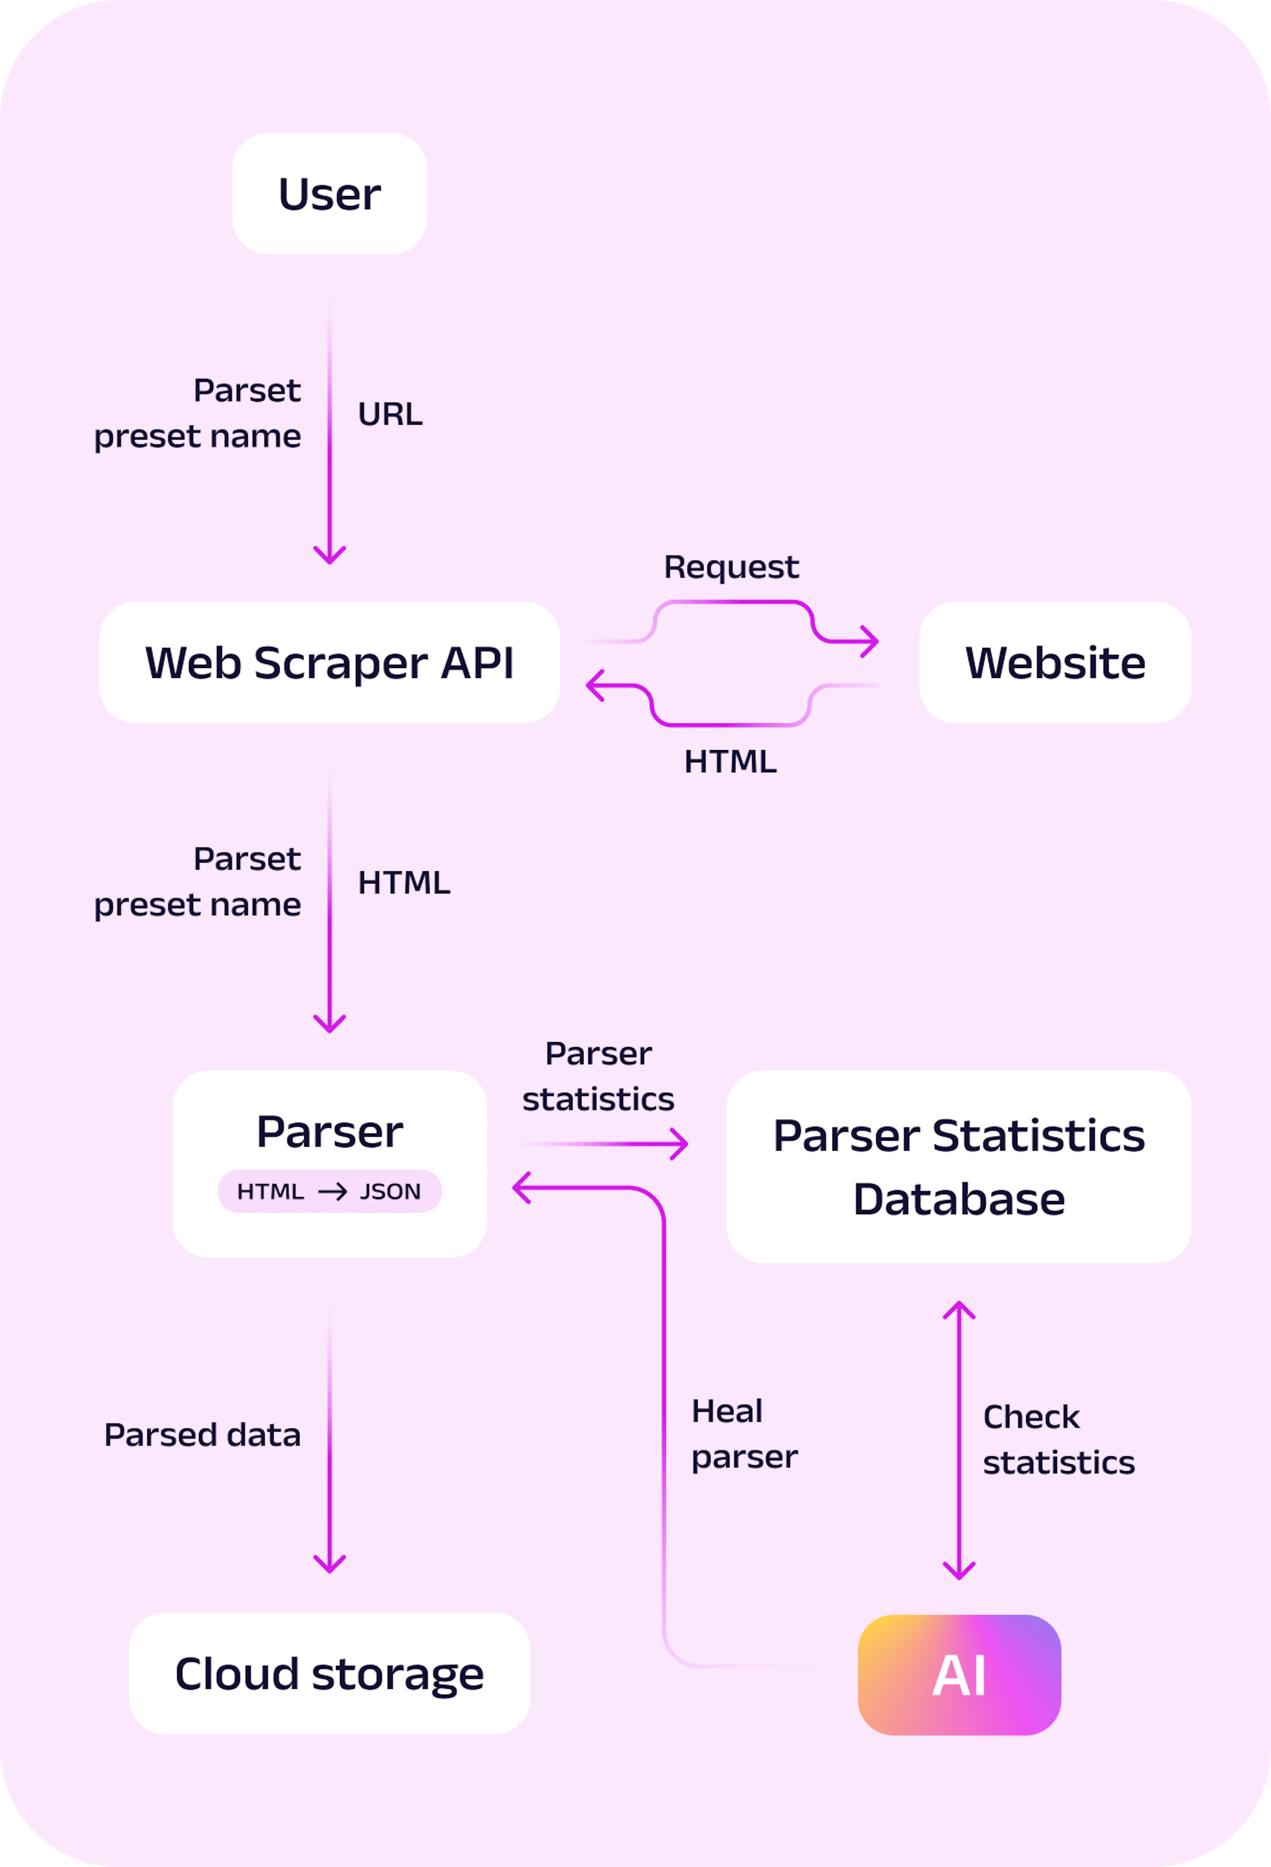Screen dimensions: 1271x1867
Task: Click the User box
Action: pos(329,194)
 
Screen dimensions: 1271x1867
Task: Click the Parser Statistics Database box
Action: pos(959,1167)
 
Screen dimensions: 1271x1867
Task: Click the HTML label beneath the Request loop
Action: pos(730,762)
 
